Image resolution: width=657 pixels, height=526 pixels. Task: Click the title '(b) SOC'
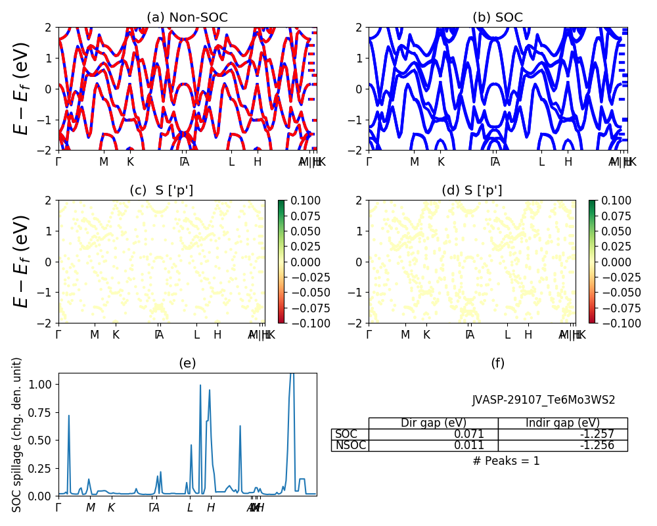point(497,18)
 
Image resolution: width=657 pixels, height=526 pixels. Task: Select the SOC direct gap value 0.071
point(469,434)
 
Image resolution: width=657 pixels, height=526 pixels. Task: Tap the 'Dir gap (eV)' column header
point(433,423)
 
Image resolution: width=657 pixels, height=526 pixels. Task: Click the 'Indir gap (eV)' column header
point(562,423)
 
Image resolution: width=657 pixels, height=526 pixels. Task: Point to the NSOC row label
point(350,445)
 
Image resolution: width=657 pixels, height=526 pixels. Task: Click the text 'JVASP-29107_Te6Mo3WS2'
point(543,400)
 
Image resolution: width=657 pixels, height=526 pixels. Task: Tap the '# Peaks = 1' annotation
point(506,461)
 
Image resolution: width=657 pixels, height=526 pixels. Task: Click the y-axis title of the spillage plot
point(18,435)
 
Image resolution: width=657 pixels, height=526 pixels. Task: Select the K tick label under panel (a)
point(130,162)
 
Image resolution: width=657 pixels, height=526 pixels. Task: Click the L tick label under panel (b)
point(541,162)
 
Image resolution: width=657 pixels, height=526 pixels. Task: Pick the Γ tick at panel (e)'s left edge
point(58,508)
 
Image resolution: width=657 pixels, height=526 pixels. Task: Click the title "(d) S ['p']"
point(472,191)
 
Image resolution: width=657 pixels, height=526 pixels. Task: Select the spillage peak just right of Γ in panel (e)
point(68,416)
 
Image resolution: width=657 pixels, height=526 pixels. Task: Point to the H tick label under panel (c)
point(217,335)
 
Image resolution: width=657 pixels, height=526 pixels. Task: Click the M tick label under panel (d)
point(405,335)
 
